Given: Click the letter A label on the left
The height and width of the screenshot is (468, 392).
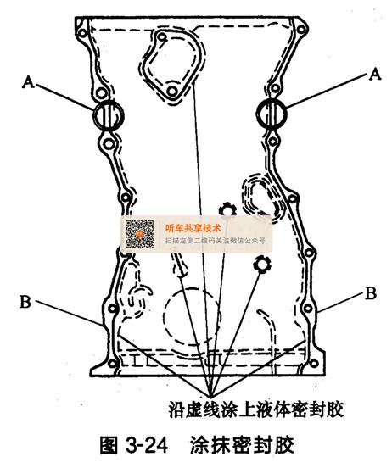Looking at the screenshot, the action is pyautogui.click(x=28, y=81).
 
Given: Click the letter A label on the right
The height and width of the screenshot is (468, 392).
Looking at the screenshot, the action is pyautogui.click(x=375, y=74).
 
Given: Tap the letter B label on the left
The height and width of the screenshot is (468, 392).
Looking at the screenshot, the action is pyautogui.click(x=25, y=302).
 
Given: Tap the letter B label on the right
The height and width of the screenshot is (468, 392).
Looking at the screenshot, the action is pyautogui.click(x=371, y=293).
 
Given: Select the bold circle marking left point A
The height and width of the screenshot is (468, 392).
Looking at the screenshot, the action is pyautogui.click(x=94, y=115).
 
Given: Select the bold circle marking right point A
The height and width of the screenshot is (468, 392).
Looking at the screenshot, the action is pyautogui.click(x=257, y=114).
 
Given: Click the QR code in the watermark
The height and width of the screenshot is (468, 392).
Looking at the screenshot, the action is pyautogui.click(x=139, y=234).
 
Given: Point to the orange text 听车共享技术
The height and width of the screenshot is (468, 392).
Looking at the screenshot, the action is pyautogui.click(x=193, y=228).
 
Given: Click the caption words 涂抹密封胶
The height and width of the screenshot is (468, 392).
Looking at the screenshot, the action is pyautogui.click(x=242, y=446).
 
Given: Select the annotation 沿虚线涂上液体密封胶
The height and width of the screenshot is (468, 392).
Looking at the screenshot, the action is pyautogui.click(x=256, y=409).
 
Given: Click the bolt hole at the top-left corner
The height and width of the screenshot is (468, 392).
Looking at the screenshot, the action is pyautogui.click(x=82, y=33).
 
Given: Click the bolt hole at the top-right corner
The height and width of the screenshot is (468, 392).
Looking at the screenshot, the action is pyautogui.click(x=301, y=30).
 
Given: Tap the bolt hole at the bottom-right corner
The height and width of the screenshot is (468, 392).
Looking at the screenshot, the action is pyautogui.click(x=314, y=364).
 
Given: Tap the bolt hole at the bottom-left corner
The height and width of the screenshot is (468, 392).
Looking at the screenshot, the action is pyautogui.click(x=112, y=364).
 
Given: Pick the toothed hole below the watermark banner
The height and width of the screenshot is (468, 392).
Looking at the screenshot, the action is pyautogui.click(x=261, y=265).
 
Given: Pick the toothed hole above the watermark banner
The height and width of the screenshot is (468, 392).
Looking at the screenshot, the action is pyautogui.click(x=227, y=209).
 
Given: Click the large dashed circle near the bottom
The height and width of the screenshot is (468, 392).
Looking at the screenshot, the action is pyautogui.click(x=164, y=316).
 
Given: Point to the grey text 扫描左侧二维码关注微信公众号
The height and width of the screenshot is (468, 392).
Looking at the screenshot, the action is pyautogui.click(x=216, y=241).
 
